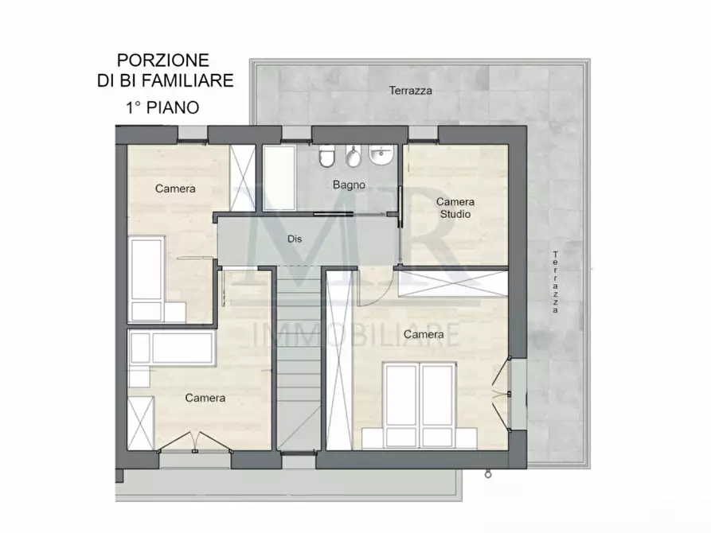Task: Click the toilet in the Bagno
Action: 326,159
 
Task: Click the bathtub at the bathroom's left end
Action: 279,177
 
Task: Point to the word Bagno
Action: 350,185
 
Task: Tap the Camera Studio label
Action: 454,208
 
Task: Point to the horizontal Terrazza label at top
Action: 411,91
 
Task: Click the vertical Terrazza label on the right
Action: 555,282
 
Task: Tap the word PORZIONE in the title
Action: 163,60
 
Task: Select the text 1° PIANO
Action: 162,106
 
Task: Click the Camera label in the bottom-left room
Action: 205,398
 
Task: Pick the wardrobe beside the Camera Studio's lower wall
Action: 451,282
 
